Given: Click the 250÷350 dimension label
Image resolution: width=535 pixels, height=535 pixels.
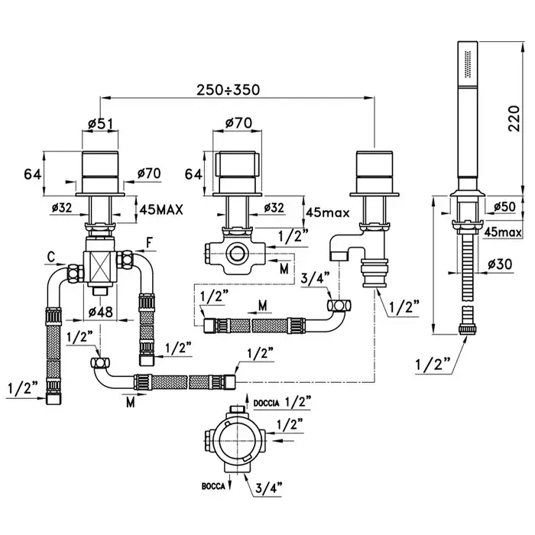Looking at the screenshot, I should pos(228,89).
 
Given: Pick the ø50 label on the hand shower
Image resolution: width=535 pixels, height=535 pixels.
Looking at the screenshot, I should pos(502,207).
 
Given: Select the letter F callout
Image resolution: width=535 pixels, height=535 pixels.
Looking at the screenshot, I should pos(151,244).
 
